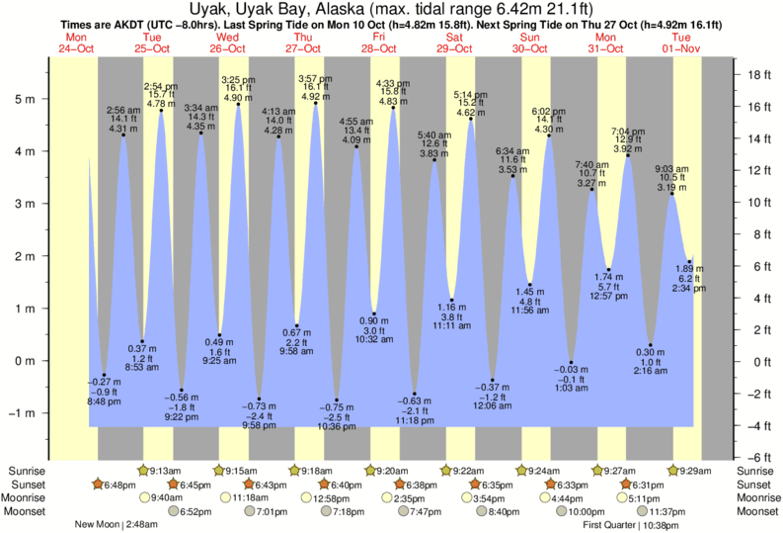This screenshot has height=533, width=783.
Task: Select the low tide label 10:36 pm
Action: pos(338,426)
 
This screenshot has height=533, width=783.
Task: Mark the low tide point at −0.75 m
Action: pos(337,400)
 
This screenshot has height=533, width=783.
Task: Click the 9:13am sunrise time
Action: pos(167,470)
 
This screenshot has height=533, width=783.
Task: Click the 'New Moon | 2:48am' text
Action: pos(115,525)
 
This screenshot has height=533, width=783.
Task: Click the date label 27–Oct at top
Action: pos(303,48)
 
